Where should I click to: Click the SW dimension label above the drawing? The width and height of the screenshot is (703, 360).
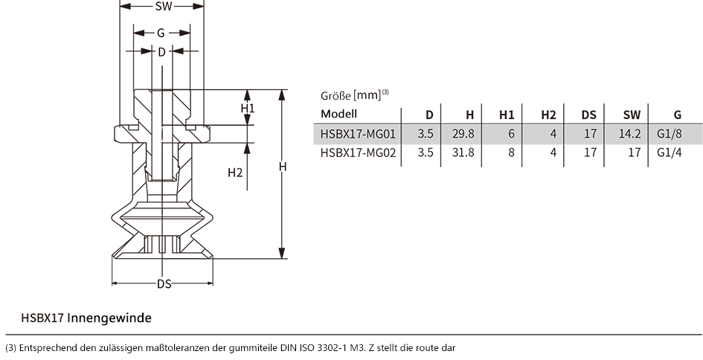click(164, 6)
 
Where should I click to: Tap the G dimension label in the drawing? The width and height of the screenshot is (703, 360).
click(161, 33)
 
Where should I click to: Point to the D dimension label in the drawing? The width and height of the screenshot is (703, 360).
click(162, 52)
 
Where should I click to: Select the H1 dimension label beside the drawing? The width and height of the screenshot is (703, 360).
click(248, 108)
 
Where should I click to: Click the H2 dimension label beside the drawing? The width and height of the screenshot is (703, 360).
click(235, 173)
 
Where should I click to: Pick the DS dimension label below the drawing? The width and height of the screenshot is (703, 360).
click(164, 284)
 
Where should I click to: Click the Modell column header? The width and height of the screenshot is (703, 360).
click(339, 114)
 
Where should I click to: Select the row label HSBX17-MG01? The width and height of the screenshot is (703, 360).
click(359, 134)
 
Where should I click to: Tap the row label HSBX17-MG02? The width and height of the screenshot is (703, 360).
click(359, 153)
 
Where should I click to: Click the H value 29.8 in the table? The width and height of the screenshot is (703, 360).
click(463, 134)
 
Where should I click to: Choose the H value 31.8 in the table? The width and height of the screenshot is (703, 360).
click(463, 153)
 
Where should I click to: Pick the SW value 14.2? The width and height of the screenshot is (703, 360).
click(630, 134)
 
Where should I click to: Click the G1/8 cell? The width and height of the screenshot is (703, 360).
click(670, 134)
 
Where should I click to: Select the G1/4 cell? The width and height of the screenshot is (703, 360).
click(670, 153)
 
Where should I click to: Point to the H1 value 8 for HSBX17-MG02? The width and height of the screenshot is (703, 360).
click(512, 153)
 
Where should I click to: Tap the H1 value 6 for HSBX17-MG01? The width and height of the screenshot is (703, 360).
click(512, 134)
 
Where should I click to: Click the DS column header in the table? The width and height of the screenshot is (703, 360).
click(589, 115)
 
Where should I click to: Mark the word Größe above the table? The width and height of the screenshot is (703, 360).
click(336, 96)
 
